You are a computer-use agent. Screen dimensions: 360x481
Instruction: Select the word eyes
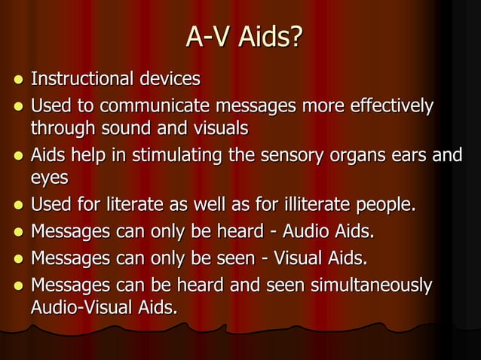[x=49, y=179]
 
